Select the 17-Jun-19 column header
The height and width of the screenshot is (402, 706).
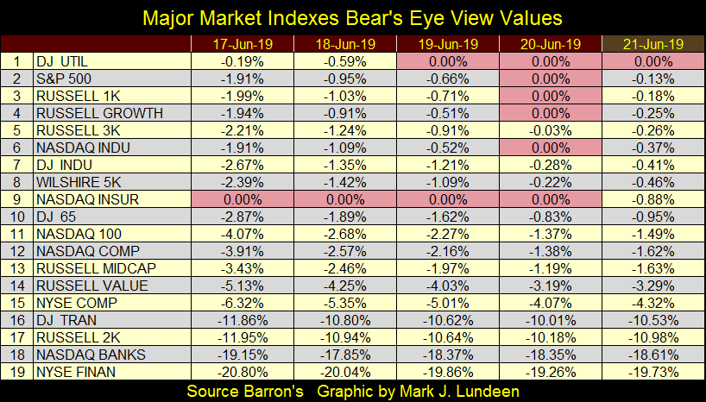(x=242, y=43)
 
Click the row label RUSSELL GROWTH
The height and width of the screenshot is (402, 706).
(x=86, y=113)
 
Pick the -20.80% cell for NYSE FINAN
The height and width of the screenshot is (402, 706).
(x=242, y=372)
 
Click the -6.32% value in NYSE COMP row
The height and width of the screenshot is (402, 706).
(x=242, y=303)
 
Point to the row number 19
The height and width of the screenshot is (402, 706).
(x=16, y=372)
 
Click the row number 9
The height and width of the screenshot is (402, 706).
(x=16, y=199)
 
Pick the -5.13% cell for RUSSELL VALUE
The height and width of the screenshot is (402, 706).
(x=242, y=286)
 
